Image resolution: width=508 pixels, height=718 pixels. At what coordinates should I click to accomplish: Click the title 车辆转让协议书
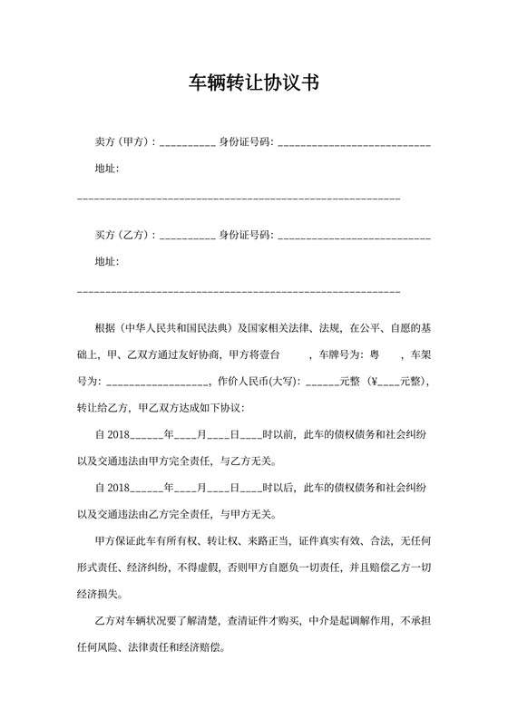click(x=253, y=84)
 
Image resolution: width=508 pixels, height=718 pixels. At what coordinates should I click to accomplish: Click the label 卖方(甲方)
click(x=124, y=143)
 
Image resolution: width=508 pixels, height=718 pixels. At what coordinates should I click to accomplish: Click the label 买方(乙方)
click(x=124, y=236)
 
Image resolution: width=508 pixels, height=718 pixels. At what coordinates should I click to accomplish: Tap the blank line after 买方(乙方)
click(x=187, y=237)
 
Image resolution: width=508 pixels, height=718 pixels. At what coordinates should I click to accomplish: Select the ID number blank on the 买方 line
click(x=354, y=237)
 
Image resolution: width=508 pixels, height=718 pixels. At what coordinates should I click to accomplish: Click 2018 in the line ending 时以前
click(x=119, y=435)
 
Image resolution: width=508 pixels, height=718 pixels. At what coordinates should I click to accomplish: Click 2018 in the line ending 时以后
click(x=119, y=488)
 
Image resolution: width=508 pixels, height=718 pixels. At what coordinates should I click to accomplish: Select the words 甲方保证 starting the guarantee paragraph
click(x=115, y=541)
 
